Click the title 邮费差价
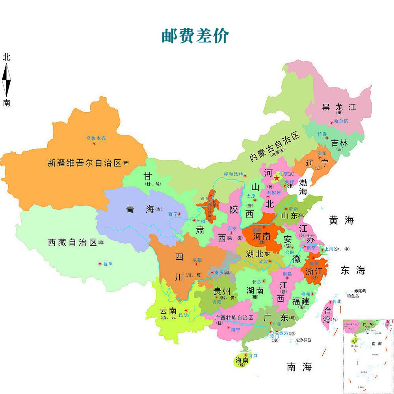tap(195, 35)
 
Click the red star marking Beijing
tap(277, 178)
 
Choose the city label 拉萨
tap(108, 264)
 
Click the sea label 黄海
tap(342, 221)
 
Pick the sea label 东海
tap(353, 270)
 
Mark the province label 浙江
tap(314, 271)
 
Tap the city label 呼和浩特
tap(234, 174)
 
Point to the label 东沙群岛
tap(303, 340)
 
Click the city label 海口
tap(253, 355)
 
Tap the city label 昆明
tap(184, 316)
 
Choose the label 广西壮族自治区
tap(234, 318)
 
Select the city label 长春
tap(322, 134)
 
